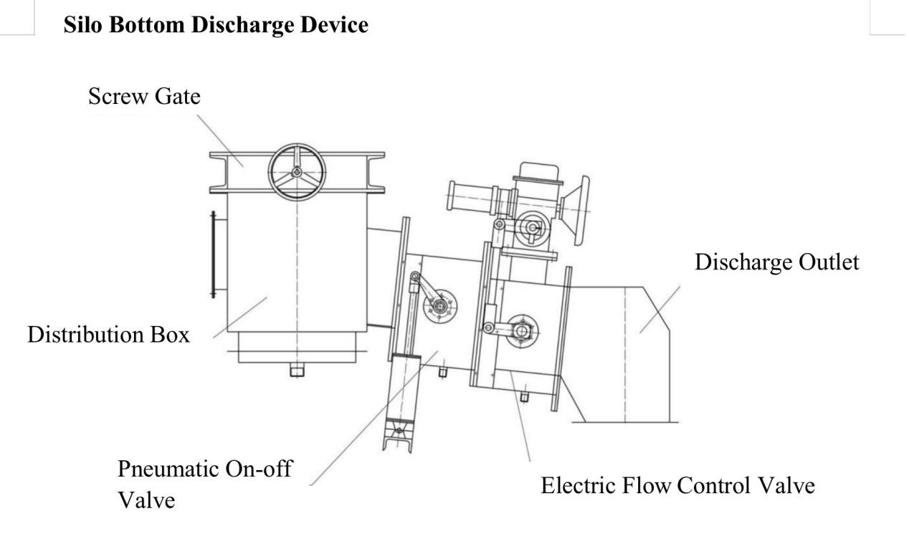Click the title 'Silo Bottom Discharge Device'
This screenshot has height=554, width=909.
(x=216, y=25)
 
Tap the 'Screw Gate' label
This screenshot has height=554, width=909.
(x=145, y=96)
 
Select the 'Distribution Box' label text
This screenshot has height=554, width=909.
(x=108, y=335)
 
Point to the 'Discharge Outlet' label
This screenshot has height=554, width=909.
(x=776, y=262)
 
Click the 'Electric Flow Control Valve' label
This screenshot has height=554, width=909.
(x=677, y=485)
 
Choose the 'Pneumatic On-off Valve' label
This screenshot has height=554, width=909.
(x=205, y=484)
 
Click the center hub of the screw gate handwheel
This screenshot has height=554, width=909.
(x=297, y=173)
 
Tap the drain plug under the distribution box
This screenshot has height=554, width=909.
(x=297, y=370)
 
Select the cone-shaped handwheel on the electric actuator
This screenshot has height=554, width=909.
(x=576, y=211)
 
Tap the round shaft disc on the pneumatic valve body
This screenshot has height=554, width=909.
(x=439, y=306)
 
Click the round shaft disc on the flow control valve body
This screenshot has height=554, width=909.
(x=522, y=331)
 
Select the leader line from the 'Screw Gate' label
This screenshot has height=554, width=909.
(x=220, y=140)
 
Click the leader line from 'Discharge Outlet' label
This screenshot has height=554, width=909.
(x=660, y=310)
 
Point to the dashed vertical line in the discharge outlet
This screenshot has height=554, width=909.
(x=625, y=355)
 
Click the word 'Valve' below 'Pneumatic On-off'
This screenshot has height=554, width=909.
(x=146, y=500)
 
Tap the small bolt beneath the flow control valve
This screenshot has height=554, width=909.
(x=524, y=396)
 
